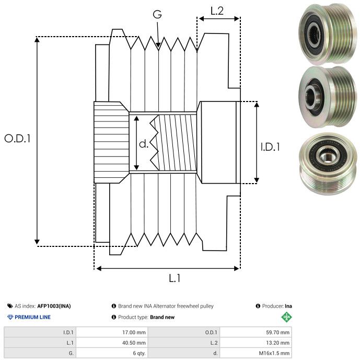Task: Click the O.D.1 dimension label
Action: coord(18,139)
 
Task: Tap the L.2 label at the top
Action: coord(217,10)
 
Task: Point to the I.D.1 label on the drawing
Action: coord(270,147)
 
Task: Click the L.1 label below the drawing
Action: coord(175,278)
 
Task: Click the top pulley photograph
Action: coord(324,33)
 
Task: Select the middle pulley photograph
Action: coord(324,96)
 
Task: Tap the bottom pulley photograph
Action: coord(324,163)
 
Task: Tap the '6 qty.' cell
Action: coord(138,353)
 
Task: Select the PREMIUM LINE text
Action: coord(33,317)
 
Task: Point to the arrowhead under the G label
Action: coord(158,46)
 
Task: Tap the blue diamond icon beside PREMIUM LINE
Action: coord(10,317)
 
